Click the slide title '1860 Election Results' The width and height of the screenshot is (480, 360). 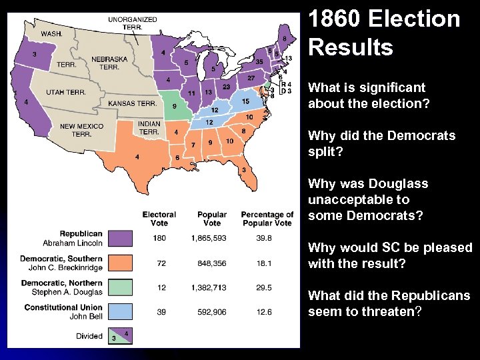384,33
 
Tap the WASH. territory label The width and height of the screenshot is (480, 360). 52,33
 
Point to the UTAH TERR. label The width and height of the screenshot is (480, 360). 65,92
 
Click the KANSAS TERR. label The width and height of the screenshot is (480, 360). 132,103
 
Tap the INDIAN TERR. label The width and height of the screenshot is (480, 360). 149,127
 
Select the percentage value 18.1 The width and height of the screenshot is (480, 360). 264,263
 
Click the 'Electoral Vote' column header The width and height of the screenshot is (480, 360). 159,219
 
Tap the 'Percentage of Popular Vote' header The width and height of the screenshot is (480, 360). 267,219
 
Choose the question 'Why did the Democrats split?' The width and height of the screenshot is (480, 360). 381,143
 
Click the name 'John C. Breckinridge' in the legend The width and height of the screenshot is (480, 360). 62,267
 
